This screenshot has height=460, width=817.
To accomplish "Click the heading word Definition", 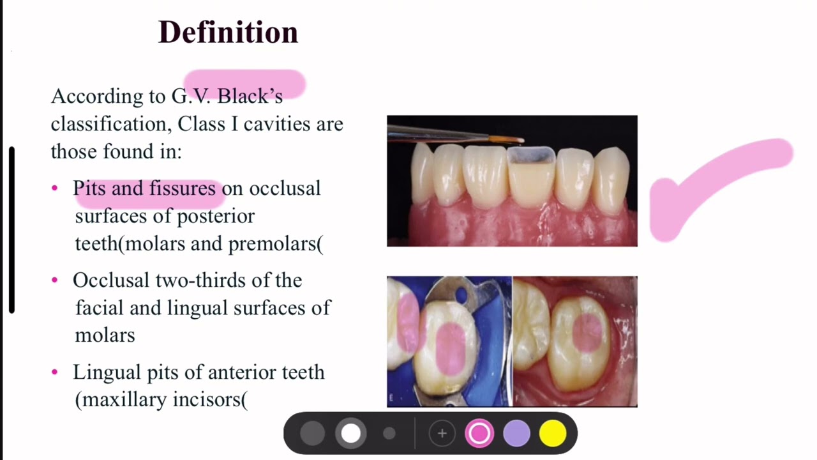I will [228, 32].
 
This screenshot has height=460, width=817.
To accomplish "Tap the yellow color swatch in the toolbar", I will [553, 433].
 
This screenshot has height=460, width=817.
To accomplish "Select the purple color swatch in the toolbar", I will [516, 433].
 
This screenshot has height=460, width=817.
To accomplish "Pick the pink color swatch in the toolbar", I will [479, 433].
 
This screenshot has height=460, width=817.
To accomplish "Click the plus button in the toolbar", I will [442, 433].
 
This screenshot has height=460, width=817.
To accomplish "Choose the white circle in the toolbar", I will [350, 433].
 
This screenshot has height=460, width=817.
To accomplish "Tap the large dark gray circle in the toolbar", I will [312, 433].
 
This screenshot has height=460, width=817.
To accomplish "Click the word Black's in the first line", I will [250, 96].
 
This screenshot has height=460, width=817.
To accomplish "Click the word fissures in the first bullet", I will [183, 188].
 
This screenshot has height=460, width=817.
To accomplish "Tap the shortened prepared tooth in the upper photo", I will [531, 179].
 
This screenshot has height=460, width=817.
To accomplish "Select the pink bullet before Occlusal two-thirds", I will [55, 280].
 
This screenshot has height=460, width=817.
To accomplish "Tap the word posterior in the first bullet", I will [216, 216].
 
